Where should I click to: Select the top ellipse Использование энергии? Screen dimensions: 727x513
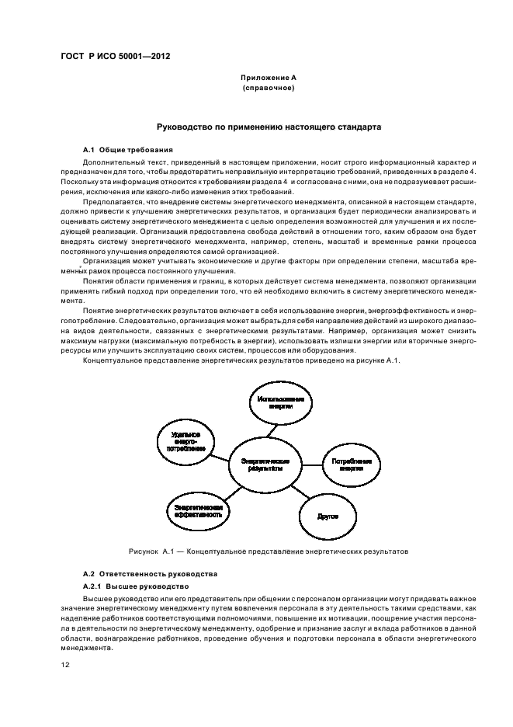281,402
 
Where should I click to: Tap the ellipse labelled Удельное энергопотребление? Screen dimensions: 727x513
186,441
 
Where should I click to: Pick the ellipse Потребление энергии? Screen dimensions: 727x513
352,464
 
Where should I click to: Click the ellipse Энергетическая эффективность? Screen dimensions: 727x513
197,510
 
